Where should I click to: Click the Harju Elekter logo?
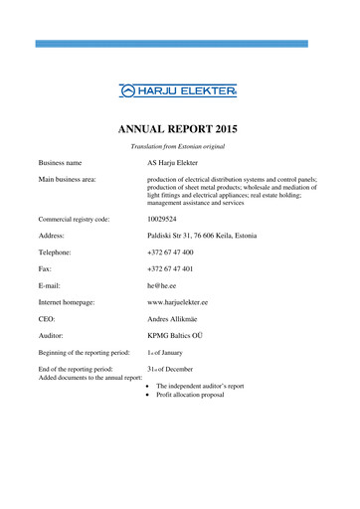tap(178, 91)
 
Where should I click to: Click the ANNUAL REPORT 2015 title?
tap(179, 128)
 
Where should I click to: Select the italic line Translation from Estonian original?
tap(179, 146)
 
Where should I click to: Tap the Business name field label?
tap(60, 161)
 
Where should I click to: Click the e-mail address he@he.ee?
tap(161, 287)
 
